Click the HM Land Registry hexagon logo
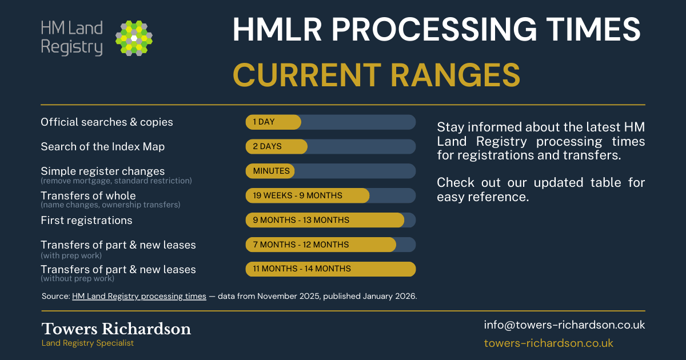click(134, 38)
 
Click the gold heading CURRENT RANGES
click(376, 75)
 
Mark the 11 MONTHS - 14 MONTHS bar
click(330, 269)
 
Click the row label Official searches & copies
click(107, 122)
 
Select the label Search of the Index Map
click(102, 147)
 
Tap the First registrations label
click(86, 220)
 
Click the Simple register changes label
click(102, 171)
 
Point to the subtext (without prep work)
click(77, 279)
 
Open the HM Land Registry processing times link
click(139, 297)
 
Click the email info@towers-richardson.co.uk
click(564, 325)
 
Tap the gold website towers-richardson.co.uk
click(548, 343)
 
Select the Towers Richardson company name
click(116, 329)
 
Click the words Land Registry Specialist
click(87, 343)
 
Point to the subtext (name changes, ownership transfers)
click(110, 205)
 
